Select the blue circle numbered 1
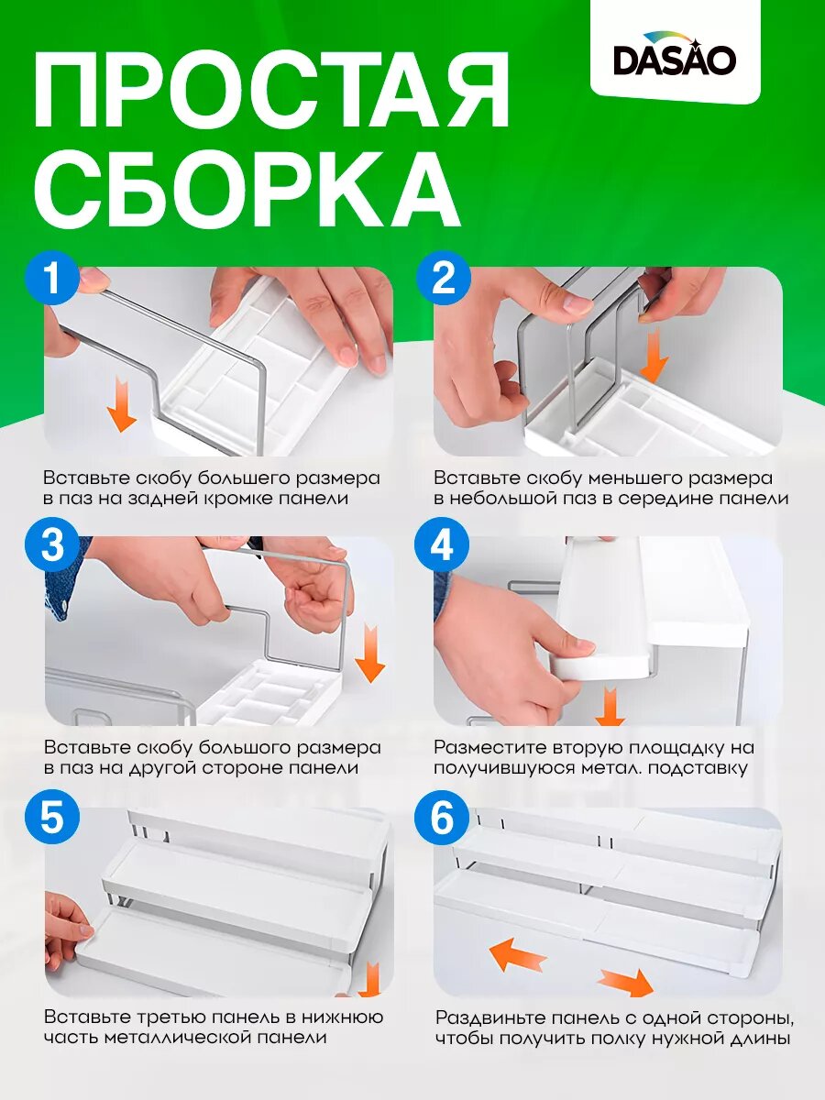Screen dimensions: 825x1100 [52, 277]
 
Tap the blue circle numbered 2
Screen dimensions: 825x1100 [443, 277]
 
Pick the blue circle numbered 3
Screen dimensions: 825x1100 [52, 545]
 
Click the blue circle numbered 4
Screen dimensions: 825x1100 [442, 545]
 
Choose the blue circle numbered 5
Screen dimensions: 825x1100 [52, 818]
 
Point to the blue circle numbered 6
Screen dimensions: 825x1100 [442, 818]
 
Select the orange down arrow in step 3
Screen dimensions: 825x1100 [369, 652]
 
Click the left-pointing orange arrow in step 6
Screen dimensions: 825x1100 [517, 955]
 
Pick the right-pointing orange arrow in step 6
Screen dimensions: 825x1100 [627, 982]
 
